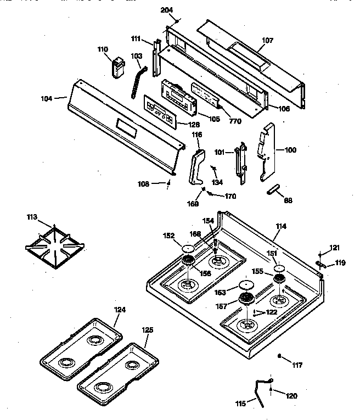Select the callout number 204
[167, 10]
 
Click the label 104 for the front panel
[47, 98]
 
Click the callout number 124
[120, 310]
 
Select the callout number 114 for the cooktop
[281, 226]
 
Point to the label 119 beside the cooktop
[341, 263]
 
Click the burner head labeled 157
[245, 299]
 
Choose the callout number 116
[196, 135]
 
